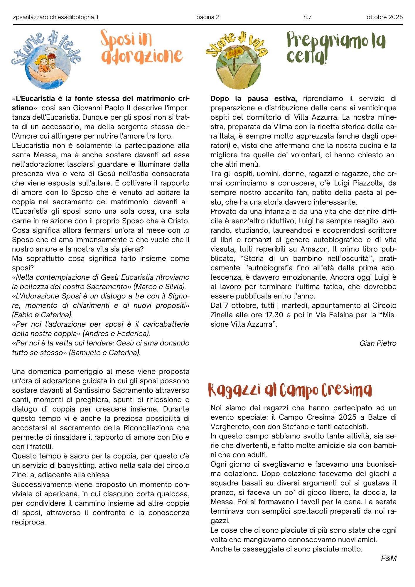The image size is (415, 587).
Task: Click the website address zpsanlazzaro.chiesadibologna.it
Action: point(56,17)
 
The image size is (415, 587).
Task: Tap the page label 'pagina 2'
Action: point(208,17)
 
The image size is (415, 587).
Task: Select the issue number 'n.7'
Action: point(307,17)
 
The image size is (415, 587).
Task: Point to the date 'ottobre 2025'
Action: point(384,17)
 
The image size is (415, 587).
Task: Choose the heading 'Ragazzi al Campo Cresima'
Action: point(290,390)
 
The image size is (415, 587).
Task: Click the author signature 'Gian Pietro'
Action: point(378,343)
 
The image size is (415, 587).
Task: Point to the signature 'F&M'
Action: point(389,558)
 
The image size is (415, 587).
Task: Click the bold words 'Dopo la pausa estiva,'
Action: point(254,99)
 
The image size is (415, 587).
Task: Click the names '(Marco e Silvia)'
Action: point(159,286)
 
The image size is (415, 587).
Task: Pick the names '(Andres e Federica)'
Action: point(117,333)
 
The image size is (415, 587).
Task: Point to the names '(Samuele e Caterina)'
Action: point(105,352)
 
